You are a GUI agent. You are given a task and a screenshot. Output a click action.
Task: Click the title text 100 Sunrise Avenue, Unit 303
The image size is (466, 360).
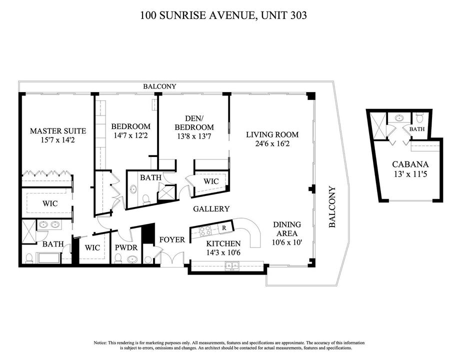coord(223,15)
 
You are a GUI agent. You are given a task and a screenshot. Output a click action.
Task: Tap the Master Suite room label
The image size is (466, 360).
coord(58,131)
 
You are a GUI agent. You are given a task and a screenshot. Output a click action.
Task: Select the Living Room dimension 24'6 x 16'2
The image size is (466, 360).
coord(272,144)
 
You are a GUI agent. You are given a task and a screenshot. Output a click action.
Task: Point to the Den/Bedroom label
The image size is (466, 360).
coord(194,123)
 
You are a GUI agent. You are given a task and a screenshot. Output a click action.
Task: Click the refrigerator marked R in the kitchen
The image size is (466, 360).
coord(224,228)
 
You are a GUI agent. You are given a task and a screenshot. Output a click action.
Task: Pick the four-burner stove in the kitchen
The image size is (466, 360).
coord(205,230)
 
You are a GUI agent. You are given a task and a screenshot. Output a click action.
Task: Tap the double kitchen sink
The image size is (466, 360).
coord(232,265)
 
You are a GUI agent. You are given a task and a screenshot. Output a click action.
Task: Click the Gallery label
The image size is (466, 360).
coord(211,209)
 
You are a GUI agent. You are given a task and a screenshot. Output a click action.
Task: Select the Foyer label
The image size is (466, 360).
coord(172,239)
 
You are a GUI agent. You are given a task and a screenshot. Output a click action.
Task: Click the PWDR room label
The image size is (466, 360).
coord(126,247)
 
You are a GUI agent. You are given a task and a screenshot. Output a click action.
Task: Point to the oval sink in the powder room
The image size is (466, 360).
coord(132,259)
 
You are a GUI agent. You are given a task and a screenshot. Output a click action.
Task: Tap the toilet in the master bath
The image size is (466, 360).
coord(29,258)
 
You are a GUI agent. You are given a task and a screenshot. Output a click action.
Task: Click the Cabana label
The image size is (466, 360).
coord(410,164)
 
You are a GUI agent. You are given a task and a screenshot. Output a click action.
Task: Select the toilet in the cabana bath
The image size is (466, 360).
coord(419,117)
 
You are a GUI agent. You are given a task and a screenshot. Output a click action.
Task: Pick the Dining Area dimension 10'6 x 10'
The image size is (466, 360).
coord(287,242)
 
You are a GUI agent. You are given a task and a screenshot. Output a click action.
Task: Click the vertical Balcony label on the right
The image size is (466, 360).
coord(332,207)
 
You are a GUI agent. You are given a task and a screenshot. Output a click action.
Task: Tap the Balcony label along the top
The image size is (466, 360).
coord(159,86)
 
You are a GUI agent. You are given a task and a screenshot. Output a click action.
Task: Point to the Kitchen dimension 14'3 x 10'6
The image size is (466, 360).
coord(223,253)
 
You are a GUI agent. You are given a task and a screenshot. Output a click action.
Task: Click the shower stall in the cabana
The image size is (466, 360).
coord(379,125)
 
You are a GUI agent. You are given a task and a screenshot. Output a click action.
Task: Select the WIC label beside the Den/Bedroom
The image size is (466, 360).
coord(211,181)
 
